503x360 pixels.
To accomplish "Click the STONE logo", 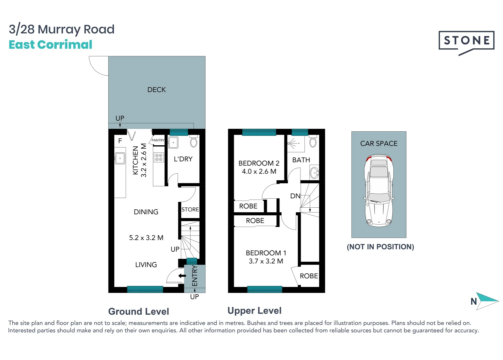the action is point(466,43).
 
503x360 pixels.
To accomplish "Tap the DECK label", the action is point(157,90).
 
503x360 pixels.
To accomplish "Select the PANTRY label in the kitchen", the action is point(158,140).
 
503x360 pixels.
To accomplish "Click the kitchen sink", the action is point(120,158).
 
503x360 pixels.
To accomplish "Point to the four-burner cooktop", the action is point(159,157).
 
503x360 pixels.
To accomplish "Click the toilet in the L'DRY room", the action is point(194,141).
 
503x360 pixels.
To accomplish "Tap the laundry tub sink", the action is point(173,143).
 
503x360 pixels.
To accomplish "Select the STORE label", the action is point(190,209).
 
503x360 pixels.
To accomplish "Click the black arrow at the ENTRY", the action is point(182,276).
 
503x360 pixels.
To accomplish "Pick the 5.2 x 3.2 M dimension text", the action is point(146,238).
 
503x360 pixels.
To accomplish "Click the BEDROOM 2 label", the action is point(259,163).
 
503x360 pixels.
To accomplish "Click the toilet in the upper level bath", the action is point(313,141).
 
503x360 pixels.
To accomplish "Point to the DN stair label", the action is point(295,196).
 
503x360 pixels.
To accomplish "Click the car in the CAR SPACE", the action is point(379,191).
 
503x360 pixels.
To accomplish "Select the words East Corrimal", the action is point(51,44).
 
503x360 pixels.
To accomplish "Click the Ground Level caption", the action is point(139,311).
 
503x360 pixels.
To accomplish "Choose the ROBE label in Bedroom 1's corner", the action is point(309,276).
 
